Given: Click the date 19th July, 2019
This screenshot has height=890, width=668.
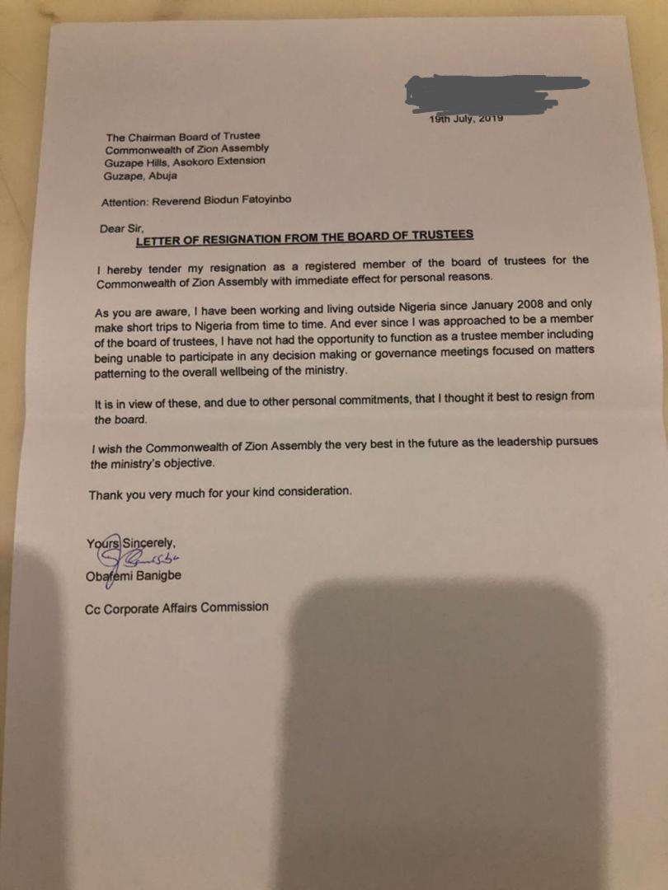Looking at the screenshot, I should click(x=466, y=119).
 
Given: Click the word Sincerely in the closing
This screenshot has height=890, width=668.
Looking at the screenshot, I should click(x=149, y=542).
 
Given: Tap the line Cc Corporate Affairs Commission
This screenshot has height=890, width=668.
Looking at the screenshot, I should click(x=176, y=607).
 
